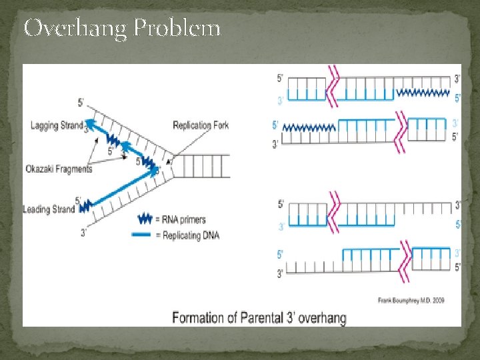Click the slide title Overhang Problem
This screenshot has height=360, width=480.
tap(122, 29)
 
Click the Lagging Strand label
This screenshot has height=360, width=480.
tap(57, 125)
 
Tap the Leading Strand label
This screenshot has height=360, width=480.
tap(49, 209)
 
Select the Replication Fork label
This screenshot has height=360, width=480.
tap(201, 125)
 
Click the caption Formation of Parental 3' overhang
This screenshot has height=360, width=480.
tap(259, 317)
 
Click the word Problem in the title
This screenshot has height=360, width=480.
tap(177, 29)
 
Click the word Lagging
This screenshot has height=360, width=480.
tap(44, 125)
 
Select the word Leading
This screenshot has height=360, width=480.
tap(35, 209)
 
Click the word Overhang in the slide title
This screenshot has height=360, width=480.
tap(75, 29)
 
